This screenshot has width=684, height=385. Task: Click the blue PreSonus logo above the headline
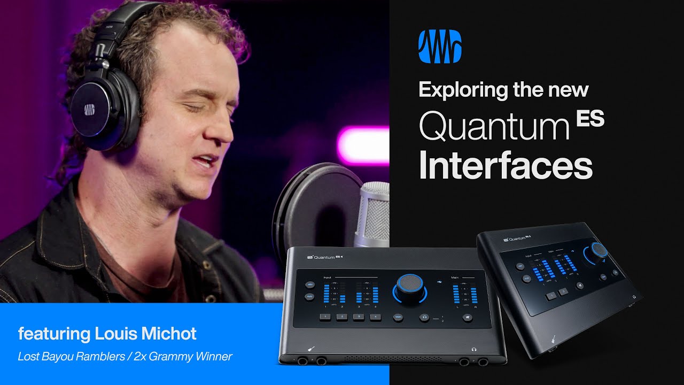tap(440, 47)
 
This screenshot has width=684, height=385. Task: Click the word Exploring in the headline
tap(460, 89)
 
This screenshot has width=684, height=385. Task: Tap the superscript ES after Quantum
tap(590, 119)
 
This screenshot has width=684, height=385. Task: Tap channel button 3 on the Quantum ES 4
tap(359, 317)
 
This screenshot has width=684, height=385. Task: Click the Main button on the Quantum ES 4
tap(399, 317)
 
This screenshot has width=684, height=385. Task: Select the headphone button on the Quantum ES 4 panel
tap(424, 317)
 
